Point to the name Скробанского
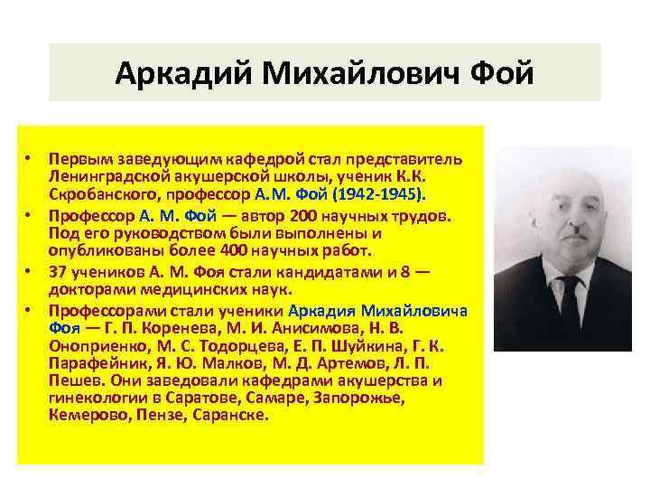107,194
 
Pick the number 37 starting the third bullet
58,273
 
